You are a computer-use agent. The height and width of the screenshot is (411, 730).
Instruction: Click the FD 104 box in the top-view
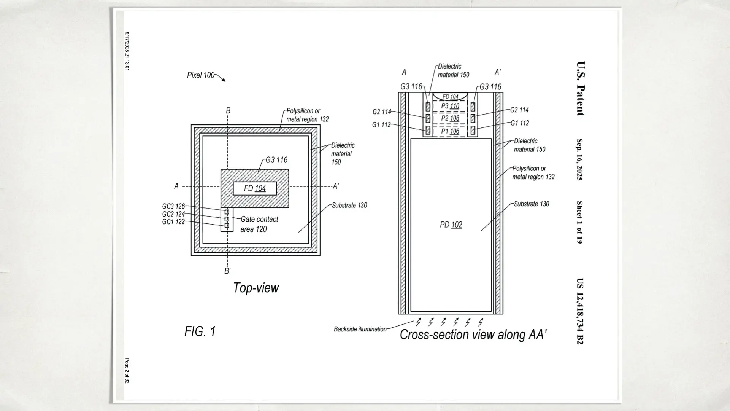tap(255, 188)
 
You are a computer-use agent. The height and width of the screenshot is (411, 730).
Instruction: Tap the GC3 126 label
tap(173, 206)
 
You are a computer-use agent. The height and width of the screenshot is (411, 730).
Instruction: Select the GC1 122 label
tap(173, 221)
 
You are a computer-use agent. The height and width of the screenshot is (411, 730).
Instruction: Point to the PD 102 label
tap(451, 225)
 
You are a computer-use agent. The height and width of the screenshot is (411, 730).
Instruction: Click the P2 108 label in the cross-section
tap(450, 118)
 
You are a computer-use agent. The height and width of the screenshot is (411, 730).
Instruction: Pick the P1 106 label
tap(450, 131)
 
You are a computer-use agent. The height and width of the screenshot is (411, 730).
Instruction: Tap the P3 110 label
tap(450, 106)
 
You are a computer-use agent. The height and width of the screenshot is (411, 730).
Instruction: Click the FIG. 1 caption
tap(200, 331)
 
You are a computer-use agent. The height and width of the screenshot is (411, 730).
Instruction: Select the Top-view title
tap(256, 288)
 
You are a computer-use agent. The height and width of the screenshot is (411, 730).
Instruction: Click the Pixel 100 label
tap(201, 75)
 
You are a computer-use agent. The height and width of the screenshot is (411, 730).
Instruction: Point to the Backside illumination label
tap(360, 329)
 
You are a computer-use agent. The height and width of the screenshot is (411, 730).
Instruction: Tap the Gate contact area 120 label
tap(259, 224)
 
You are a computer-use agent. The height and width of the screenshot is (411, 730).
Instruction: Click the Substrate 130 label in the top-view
tap(349, 205)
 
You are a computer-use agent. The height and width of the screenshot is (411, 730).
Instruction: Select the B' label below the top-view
tap(227, 271)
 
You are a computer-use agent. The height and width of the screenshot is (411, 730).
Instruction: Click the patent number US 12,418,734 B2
tap(580, 311)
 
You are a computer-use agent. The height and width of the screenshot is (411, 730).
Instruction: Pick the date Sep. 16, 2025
tap(579, 159)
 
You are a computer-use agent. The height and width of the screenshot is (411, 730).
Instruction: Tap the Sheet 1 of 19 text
tap(579, 222)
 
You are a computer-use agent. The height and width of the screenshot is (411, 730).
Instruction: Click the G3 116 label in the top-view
tap(276, 160)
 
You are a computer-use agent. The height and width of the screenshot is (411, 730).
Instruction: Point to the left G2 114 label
tap(381, 112)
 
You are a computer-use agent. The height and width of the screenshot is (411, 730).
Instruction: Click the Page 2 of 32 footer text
tap(127, 370)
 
